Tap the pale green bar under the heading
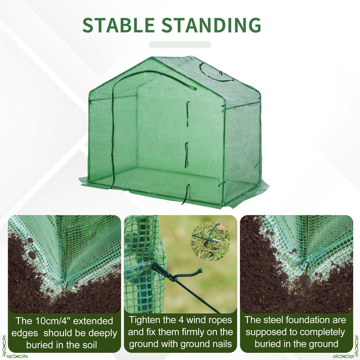180,45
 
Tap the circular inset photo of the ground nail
211,241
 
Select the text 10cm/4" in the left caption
49,321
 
